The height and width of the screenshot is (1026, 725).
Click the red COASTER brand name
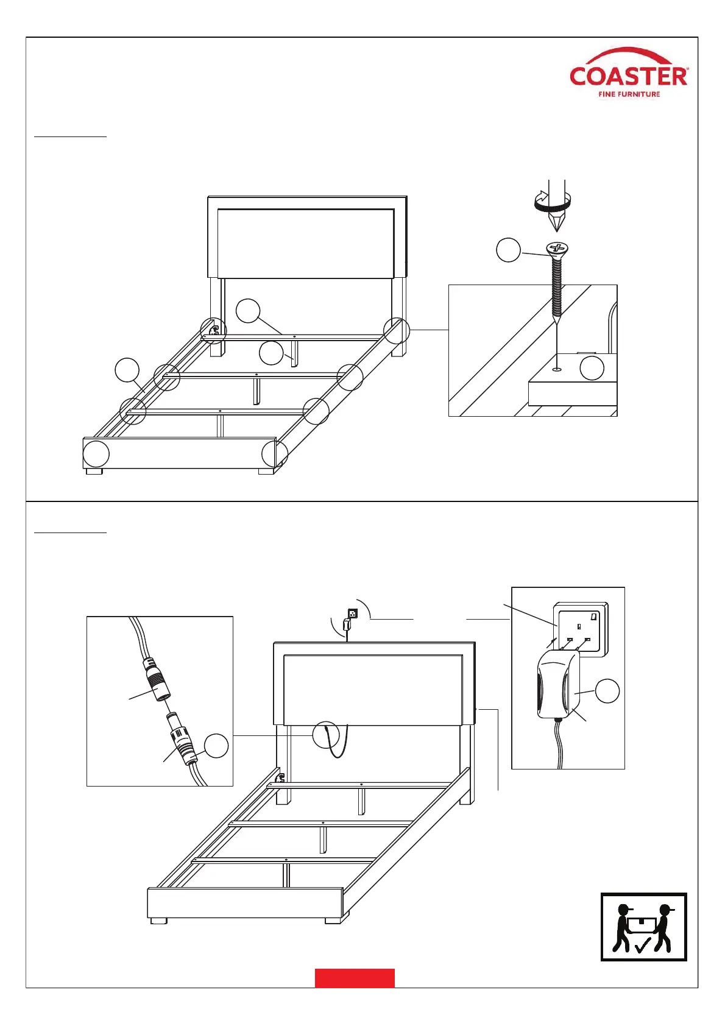point(629,76)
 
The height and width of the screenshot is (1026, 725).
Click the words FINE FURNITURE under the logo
point(629,94)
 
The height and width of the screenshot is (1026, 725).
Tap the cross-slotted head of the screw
point(557,248)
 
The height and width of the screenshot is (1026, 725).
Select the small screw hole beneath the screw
point(557,369)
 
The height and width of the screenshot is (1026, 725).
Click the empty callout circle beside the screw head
point(508,250)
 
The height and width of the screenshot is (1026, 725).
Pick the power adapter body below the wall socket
point(558,684)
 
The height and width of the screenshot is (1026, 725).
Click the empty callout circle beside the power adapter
point(607,691)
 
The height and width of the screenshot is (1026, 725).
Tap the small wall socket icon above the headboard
point(352,613)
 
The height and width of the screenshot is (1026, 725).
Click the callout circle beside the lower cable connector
point(216,746)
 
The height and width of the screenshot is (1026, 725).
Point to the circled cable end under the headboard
point(325,735)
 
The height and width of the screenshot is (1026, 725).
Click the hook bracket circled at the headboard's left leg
point(214,330)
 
